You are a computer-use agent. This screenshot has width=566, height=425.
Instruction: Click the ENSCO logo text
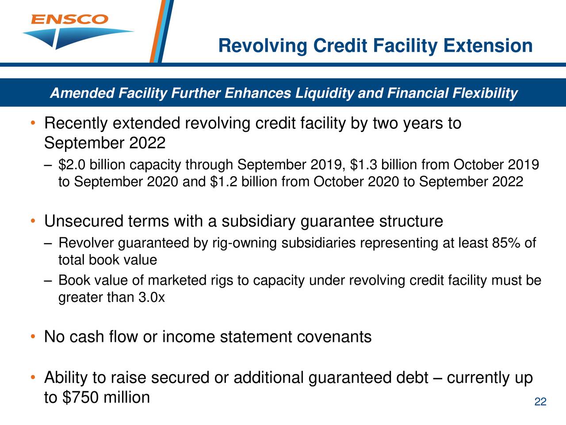[x=69, y=19]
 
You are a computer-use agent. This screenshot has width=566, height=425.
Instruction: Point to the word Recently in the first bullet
[x=76, y=124]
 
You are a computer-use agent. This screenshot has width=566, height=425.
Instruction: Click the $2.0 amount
[x=73, y=165]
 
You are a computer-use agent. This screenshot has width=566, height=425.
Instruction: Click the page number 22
[x=540, y=402]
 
